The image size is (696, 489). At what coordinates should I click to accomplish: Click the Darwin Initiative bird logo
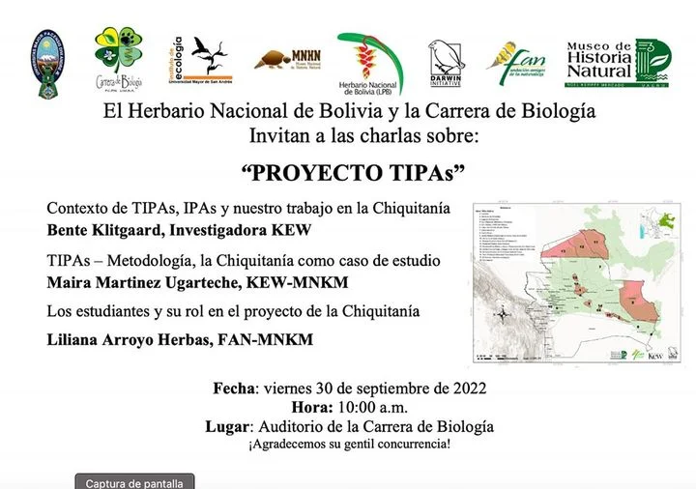tap(446, 62)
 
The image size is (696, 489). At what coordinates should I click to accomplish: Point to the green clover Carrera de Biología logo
tap(118, 59)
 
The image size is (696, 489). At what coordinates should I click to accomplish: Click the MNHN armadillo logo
tap(287, 61)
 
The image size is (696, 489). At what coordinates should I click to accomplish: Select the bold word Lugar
tap(228, 427)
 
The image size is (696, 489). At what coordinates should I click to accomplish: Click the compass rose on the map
tap(502, 313)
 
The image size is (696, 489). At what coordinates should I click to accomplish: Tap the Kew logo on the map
tap(654, 356)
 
